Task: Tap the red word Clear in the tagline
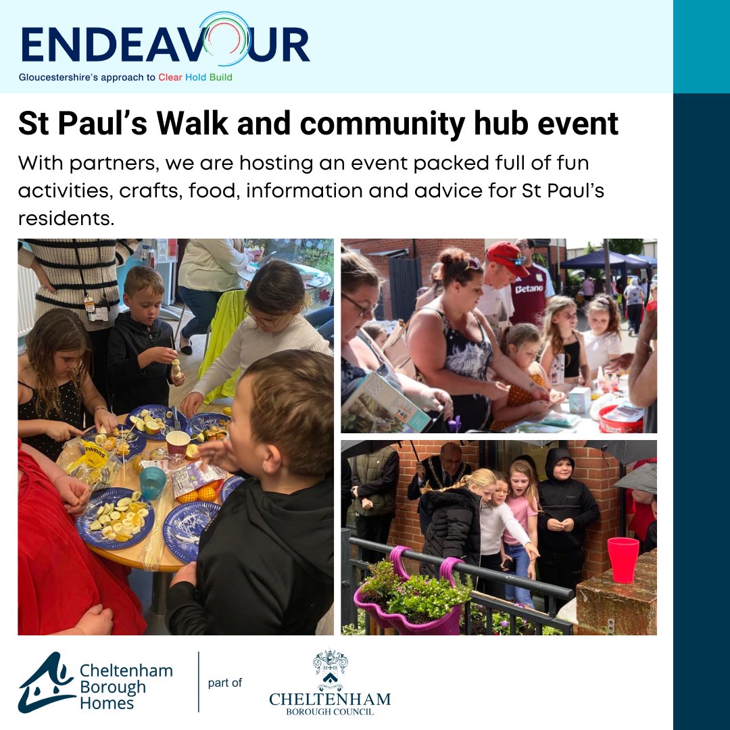coord(170,78)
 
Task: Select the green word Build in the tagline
coord(220,78)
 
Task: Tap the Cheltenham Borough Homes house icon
coord(45,683)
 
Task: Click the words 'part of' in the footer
coord(224,683)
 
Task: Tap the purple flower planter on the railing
coord(411,602)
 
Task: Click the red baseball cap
coord(508,258)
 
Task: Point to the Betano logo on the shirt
coord(529,289)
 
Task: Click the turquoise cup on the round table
coord(153,482)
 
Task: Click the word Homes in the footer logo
coord(106,703)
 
